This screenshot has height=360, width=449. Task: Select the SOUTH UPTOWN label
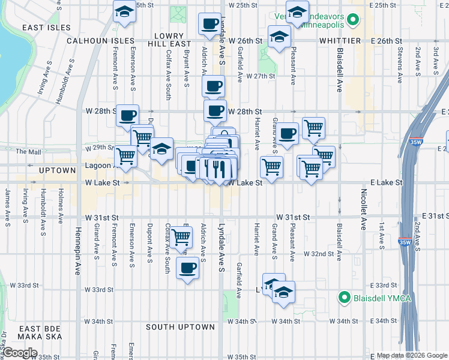point(180,327)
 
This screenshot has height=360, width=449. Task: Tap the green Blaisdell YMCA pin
point(344,297)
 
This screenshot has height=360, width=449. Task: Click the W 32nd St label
point(318,254)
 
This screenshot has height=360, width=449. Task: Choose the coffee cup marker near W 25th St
point(209,25)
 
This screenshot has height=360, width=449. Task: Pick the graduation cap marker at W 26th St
point(278,37)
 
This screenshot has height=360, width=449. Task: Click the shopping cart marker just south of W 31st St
point(181,238)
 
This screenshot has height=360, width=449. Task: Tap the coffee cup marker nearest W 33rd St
point(188,268)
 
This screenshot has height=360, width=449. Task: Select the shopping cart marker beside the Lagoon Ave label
point(125,156)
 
